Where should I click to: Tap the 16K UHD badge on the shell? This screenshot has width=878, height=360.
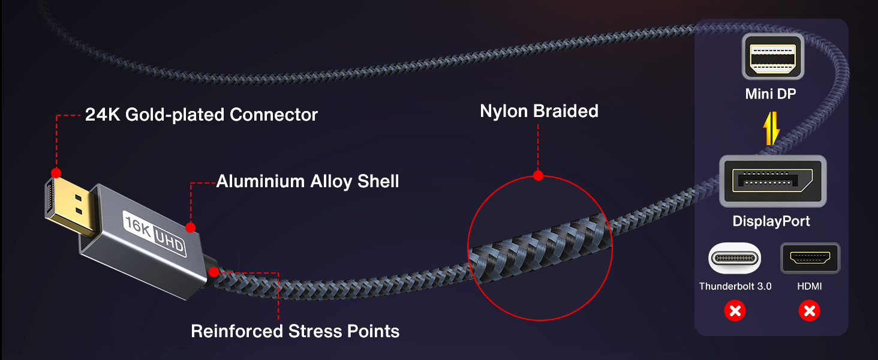click(x=155, y=234)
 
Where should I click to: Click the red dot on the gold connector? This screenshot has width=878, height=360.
click(x=56, y=173)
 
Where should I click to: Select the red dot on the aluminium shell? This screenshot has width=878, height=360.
click(x=191, y=227)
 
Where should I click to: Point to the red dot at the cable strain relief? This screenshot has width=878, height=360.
click(x=214, y=272)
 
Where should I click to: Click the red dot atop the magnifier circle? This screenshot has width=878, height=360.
click(x=538, y=175)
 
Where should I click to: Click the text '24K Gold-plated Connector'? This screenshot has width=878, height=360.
click(x=201, y=115)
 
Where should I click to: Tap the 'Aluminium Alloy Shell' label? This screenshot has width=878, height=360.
click(x=308, y=182)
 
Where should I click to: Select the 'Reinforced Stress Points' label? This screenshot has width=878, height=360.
click(x=295, y=331)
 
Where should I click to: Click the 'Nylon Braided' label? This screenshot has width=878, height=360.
click(x=539, y=111)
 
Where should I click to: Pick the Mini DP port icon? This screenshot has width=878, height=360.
click(x=773, y=56)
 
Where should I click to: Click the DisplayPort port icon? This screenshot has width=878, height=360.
click(x=773, y=181)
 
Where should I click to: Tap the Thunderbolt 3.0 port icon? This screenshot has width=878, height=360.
click(x=735, y=258)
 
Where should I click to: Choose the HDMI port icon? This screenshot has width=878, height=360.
click(x=810, y=258)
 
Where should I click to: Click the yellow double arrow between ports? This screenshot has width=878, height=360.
click(x=771, y=128)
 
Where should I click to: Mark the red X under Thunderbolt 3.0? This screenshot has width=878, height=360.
click(x=735, y=311)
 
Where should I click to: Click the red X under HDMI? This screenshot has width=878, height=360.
click(x=810, y=311)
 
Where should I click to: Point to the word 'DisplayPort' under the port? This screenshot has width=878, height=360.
click(x=771, y=221)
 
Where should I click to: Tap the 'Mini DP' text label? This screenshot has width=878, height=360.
click(x=771, y=94)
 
